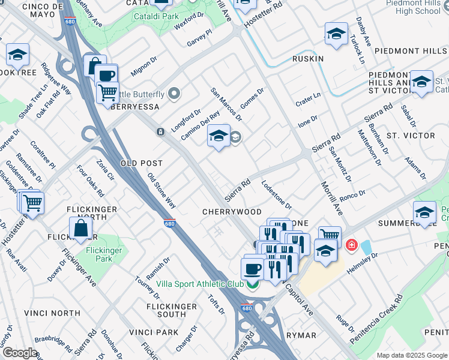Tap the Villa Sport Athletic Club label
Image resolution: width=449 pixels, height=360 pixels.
click(x=200, y=284)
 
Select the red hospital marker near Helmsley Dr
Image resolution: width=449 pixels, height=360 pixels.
click(x=351, y=245)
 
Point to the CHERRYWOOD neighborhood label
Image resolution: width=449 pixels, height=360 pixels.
click(x=232, y=212)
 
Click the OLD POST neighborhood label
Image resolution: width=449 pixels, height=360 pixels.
click(x=142, y=163)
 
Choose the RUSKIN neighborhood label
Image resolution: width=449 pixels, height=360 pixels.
click(x=308, y=59)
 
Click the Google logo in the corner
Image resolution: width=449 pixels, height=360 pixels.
click(x=20, y=353)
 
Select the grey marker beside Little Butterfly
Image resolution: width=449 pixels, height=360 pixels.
click(x=175, y=93)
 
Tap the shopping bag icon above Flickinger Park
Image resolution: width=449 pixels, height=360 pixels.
click(x=80, y=229)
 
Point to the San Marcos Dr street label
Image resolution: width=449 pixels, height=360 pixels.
click(x=226, y=103)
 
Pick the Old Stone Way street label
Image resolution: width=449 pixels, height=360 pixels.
click(x=162, y=191)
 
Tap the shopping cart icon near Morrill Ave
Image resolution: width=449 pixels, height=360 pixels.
click(x=330, y=236)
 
